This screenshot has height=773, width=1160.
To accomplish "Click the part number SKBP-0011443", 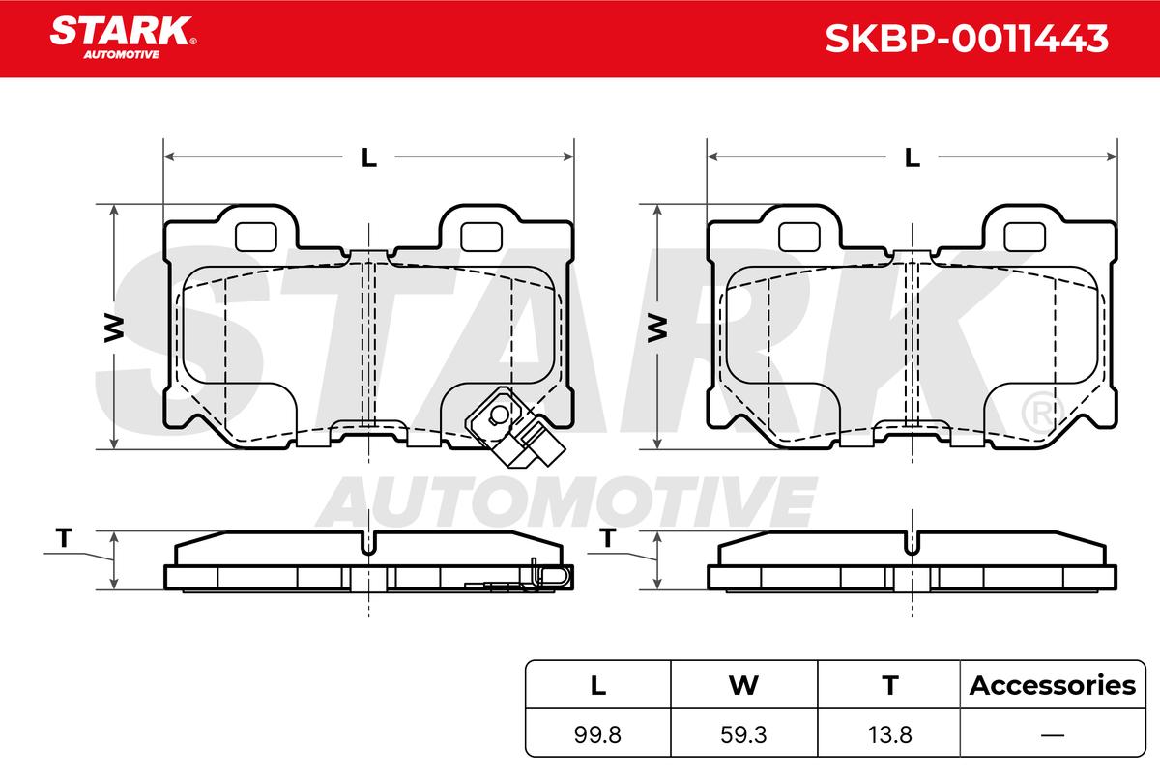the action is coord(967,39).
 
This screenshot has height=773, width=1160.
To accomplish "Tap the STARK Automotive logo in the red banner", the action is coord(123,38).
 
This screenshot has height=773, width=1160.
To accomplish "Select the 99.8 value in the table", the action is coord(597,734).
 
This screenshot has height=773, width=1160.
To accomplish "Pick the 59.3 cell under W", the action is coord(743,734).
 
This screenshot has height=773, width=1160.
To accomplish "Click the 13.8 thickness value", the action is coord(889,734).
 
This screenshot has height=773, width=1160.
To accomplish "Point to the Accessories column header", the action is coord(1053,685).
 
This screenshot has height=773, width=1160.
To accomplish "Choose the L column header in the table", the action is coord(598,686).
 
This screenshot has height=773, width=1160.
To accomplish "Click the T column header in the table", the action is coord(890,686).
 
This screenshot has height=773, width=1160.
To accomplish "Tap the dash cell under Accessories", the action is coord(1053,734).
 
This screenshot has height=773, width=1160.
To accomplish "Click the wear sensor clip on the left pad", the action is coord(515,428).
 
